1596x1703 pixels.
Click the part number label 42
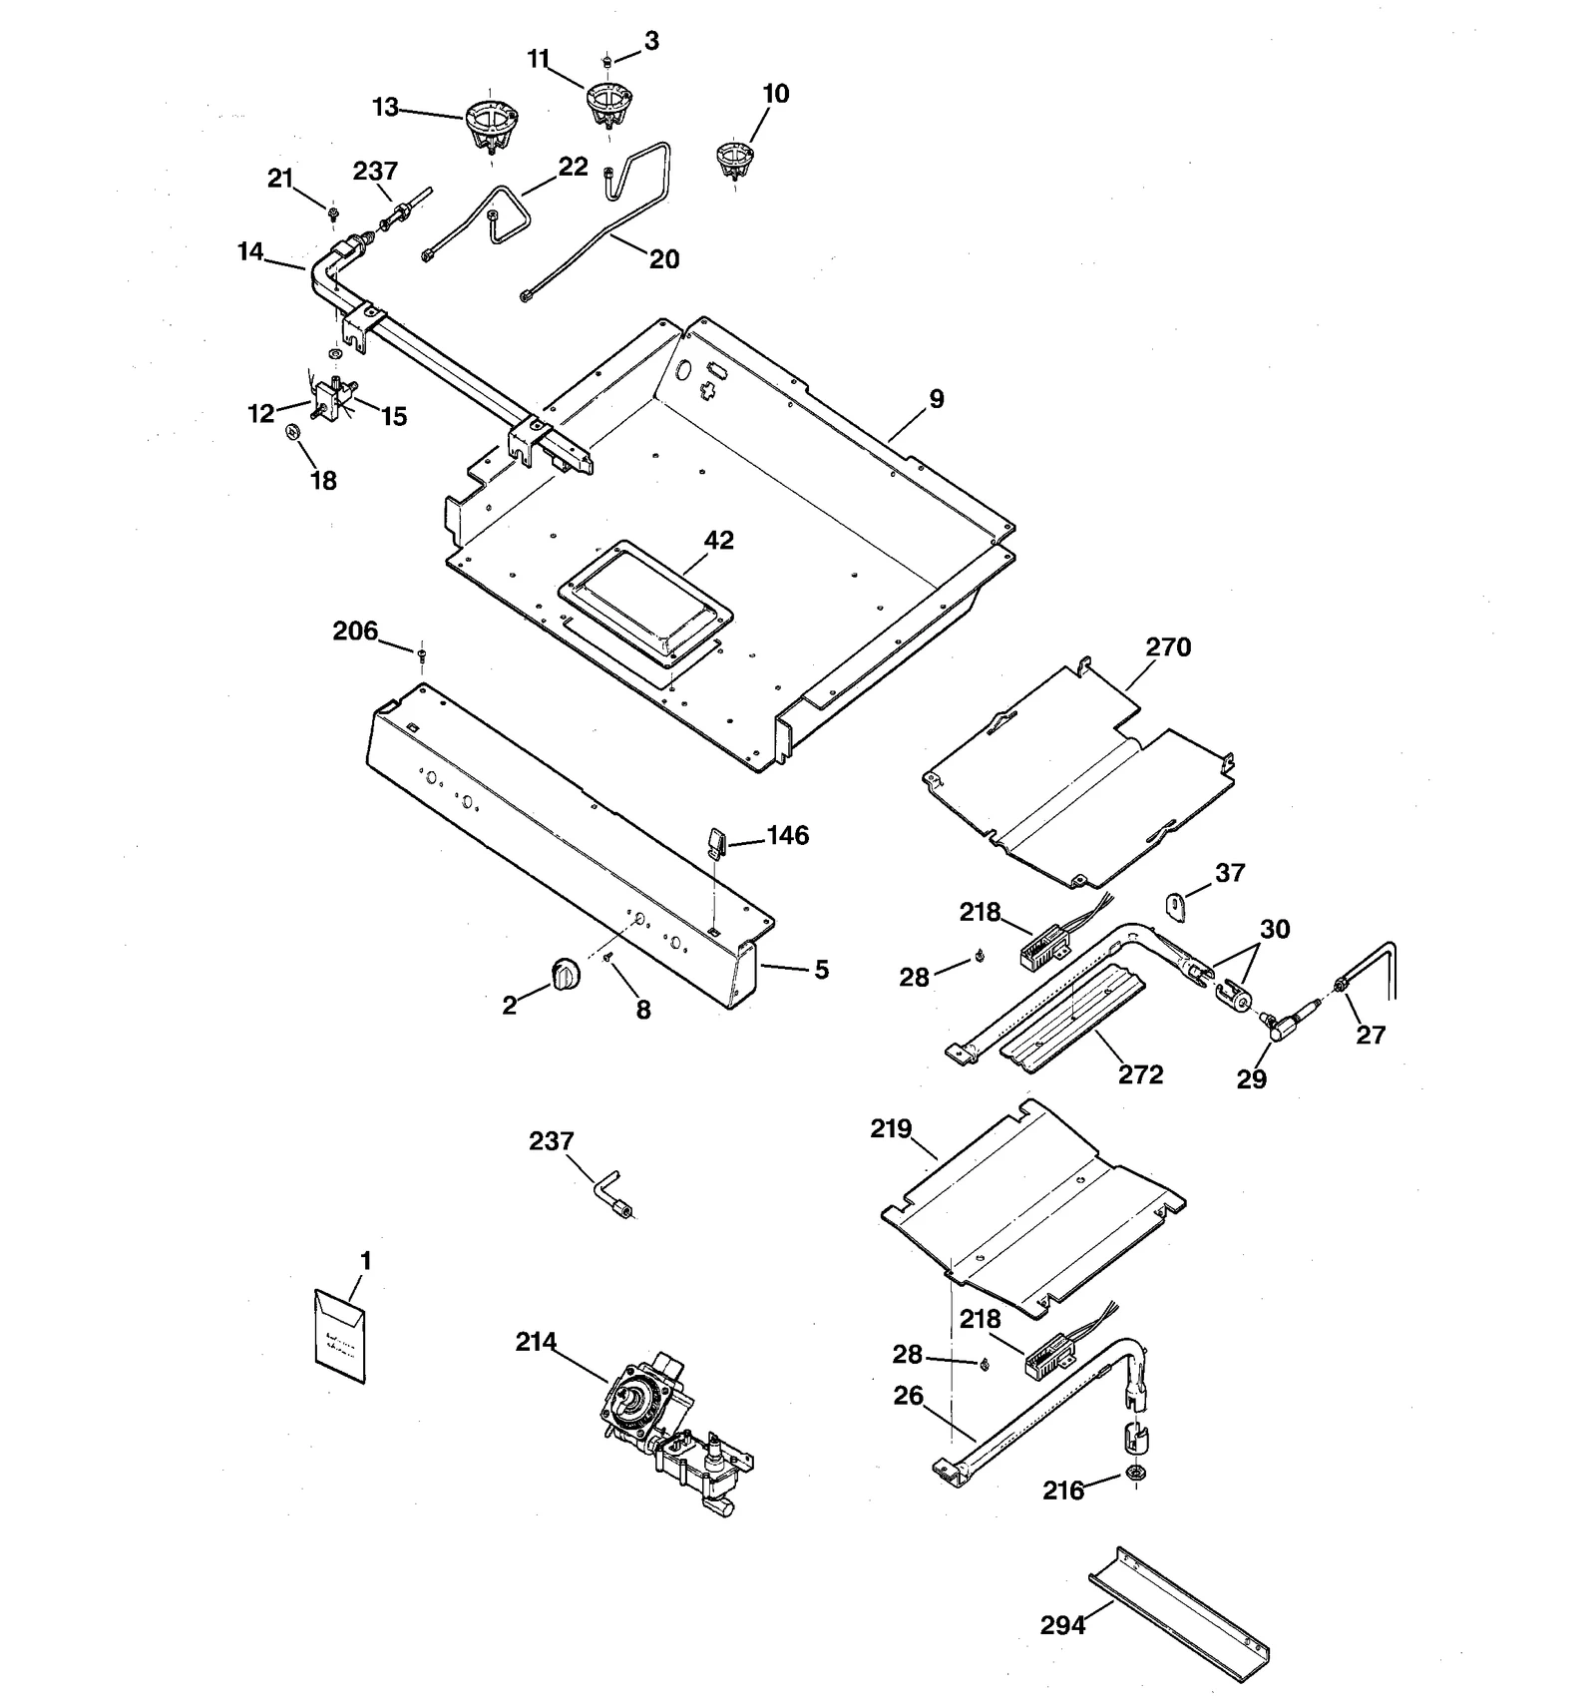pyautogui.click(x=718, y=540)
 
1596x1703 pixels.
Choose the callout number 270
pyautogui.click(x=1168, y=646)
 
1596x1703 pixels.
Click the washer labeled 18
pyautogui.click(x=293, y=432)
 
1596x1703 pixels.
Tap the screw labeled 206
pyautogui.click(x=422, y=654)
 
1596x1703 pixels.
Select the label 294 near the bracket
pyautogui.click(x=1062, y=1625)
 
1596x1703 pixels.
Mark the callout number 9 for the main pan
pyautogui.click(x=936, y=399)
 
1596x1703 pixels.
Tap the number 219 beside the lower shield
pyautogui.click(x=891, y=1128)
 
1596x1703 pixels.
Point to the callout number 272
pyautogui.click(x=1140, y=1074)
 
